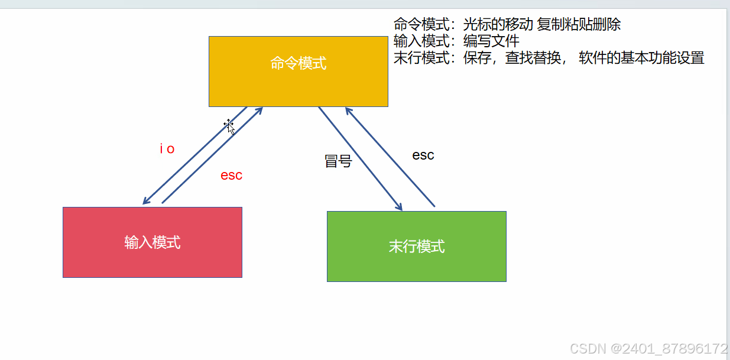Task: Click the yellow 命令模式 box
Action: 298,71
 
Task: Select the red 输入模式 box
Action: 152,242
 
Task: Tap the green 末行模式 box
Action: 416,246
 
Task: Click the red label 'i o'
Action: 167,149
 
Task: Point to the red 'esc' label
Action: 231,176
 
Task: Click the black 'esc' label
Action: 423,155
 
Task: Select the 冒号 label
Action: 338,161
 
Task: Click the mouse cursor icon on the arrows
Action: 229,126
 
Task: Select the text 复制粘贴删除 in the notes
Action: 579,24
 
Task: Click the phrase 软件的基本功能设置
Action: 641,57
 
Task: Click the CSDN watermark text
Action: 648,348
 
